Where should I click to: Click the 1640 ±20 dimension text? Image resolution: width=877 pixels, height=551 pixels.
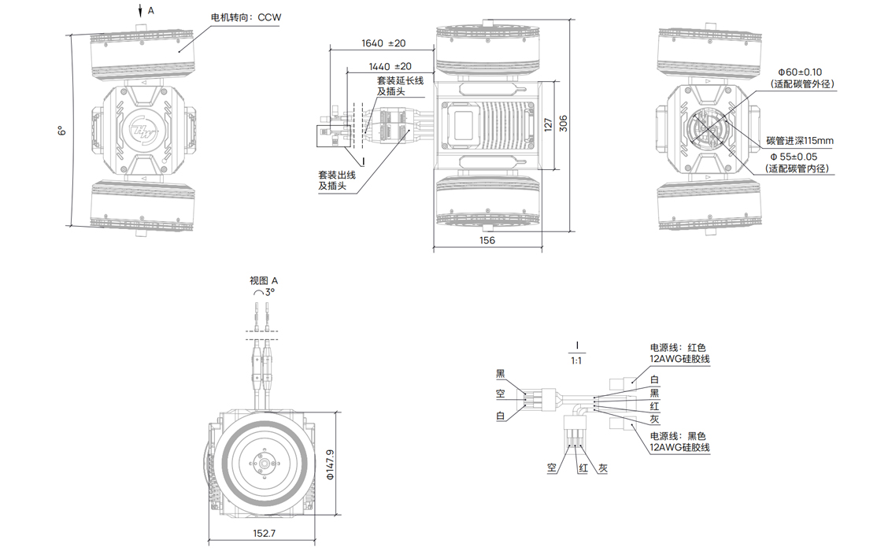point(383,43)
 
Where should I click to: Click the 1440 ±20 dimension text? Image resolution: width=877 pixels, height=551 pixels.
point(390,67)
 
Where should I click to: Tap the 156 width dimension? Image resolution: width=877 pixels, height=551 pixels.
point(487,240)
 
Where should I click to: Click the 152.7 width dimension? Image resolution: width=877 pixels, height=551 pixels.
point(264,534)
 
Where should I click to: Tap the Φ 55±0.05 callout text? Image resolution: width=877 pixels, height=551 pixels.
point(797,157)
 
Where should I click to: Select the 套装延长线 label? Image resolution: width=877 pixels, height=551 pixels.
point(400,80)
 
